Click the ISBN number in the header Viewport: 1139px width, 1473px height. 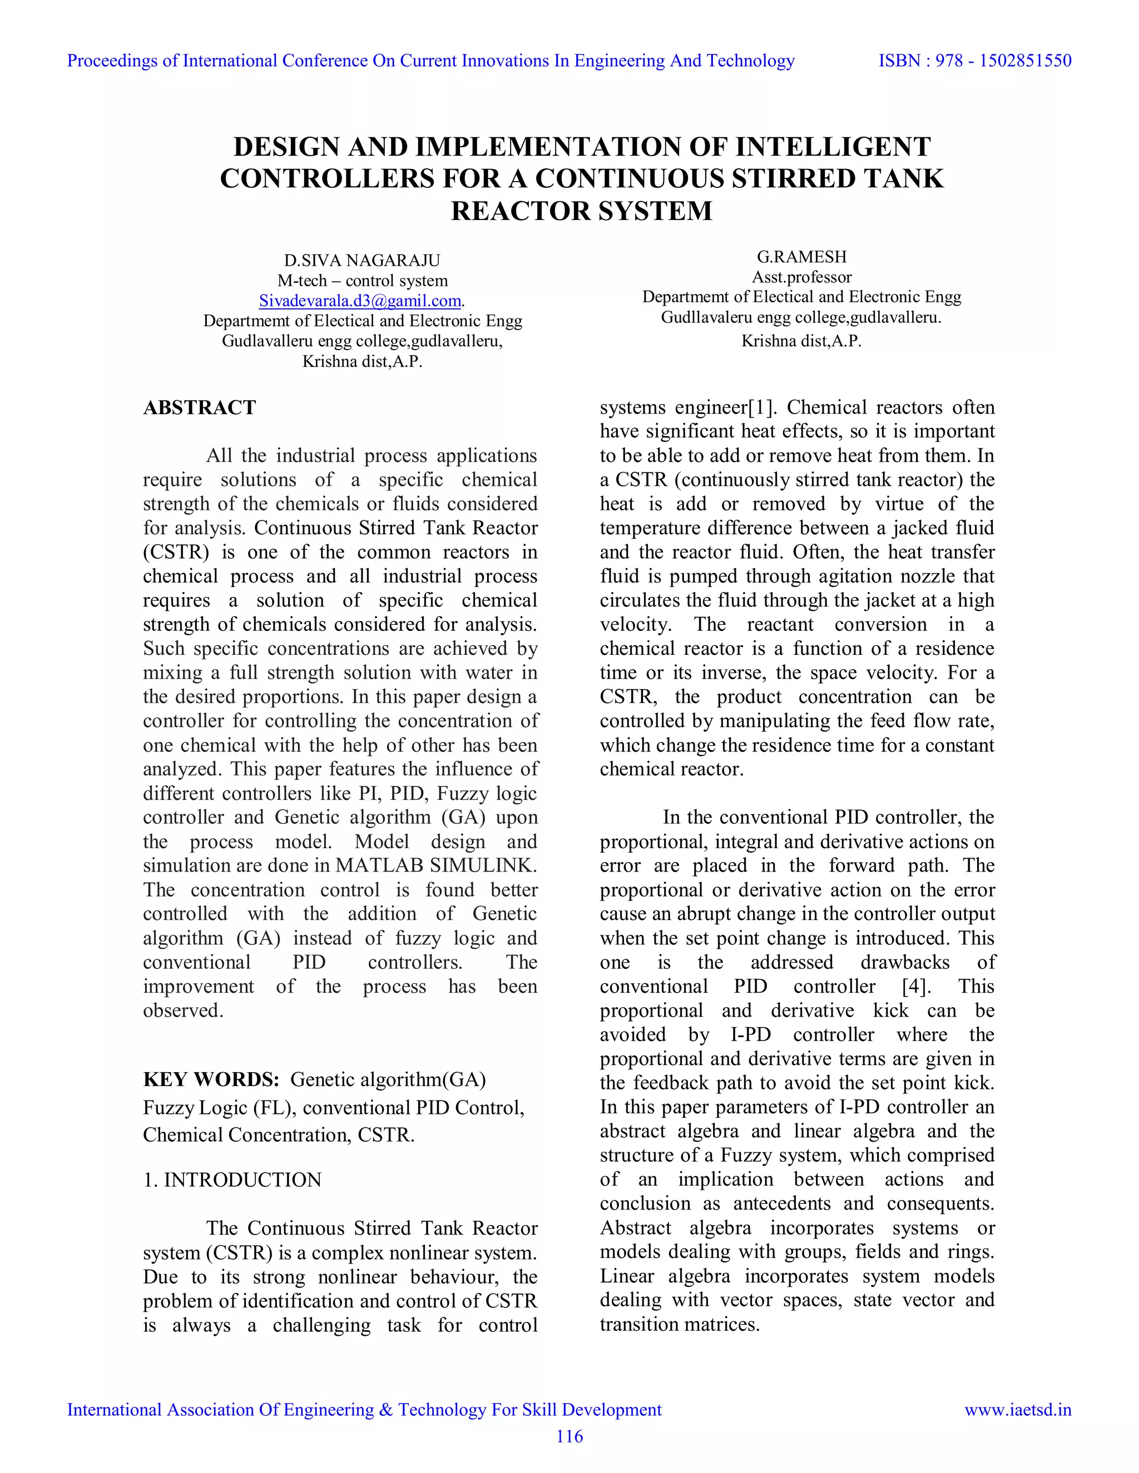(x=974, y=61)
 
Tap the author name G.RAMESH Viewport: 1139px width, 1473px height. (x=801, y=256)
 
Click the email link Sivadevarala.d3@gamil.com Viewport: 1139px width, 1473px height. (x=360, y=301)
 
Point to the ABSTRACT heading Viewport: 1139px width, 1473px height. (x=199, y=407)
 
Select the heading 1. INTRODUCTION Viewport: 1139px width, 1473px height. (x=232, y=1179)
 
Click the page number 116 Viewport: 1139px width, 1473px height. (x=569, y=1436)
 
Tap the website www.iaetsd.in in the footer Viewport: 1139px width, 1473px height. (x=1018, y=1410)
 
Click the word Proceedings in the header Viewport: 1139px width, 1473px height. (x=113, y=61)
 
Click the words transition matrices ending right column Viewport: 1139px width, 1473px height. (x=679, y=1324)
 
